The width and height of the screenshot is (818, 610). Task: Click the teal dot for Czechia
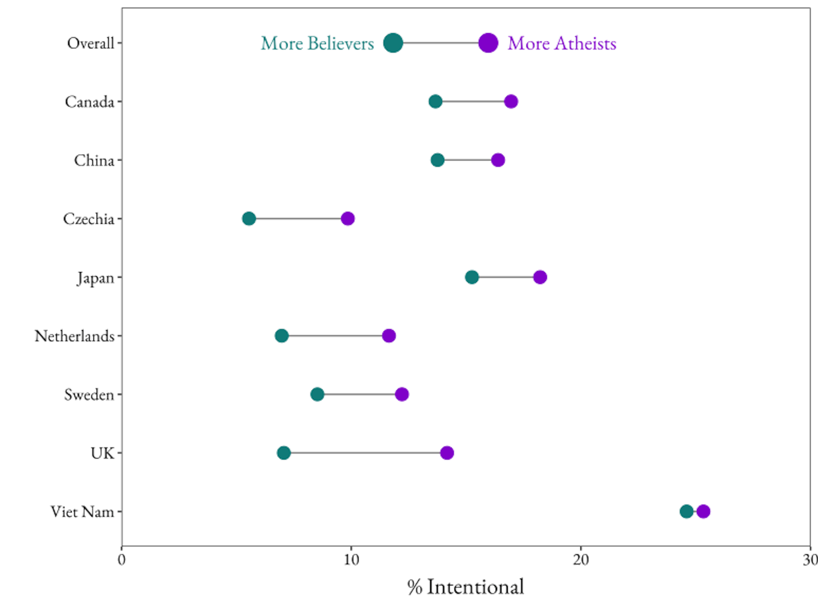(x=249, y=219)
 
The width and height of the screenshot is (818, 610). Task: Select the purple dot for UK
(x=447, y=453)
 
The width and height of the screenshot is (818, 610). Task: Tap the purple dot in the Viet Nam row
(x=703, y=511)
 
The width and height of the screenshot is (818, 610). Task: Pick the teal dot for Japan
(x=472, y=277)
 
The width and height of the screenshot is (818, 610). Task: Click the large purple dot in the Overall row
(x=488, y=43)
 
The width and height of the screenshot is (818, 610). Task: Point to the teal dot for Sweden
(x=317, y=394)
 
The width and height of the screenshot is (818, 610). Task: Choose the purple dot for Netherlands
(x=389, y=336)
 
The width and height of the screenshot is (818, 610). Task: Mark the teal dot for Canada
(x=435, y=101)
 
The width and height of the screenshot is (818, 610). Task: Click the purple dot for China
(x=498, y=160)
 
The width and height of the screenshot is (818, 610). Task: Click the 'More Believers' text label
(x=317, y=43)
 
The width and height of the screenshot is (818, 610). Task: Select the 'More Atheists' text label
(x=562, y=43)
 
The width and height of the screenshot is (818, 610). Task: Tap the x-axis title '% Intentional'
(x=465, y=587)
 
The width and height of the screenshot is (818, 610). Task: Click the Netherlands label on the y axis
(x=74, y=336)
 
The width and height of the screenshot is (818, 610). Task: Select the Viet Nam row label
(x=82, y=512)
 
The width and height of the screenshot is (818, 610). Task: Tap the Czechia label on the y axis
(x=89, y=219)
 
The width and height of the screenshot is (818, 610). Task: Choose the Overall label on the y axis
(x=90, y=43)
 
